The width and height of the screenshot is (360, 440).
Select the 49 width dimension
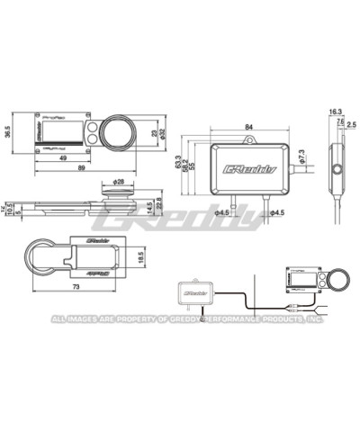(63, 159)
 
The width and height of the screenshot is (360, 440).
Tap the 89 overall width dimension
(81, 168)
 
